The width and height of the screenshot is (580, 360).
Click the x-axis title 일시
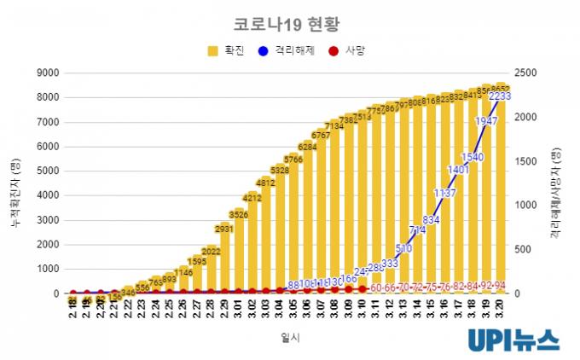(290, 338)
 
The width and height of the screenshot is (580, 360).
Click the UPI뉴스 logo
(513, 340)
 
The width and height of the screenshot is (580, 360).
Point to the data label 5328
(279, 171)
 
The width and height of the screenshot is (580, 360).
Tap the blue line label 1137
(444, 194)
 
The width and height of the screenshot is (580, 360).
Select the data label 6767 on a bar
(321, 135)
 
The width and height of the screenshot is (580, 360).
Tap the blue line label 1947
(486, 122)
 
